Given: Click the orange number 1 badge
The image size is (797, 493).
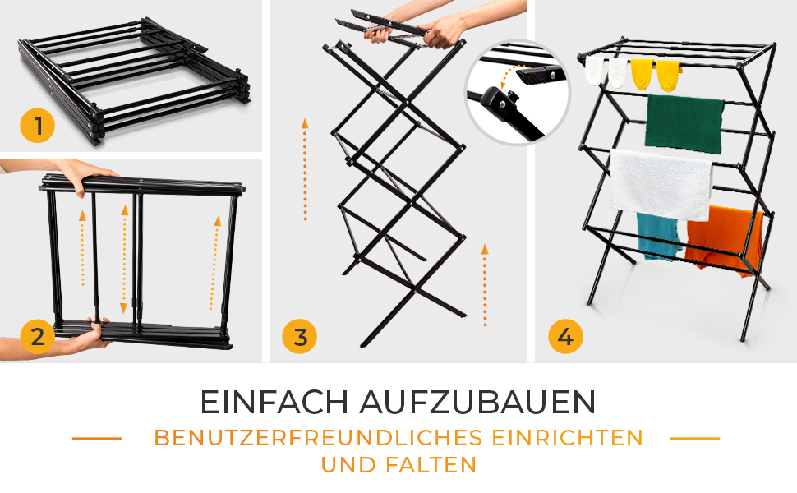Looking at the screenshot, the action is [38, 126].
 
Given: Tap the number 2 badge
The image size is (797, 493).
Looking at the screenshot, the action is [38, 336].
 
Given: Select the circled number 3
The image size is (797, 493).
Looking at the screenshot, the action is [299, 336].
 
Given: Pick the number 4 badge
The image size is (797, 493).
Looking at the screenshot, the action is [566, 336].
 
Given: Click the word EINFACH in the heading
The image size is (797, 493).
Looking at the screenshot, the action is [274, 403].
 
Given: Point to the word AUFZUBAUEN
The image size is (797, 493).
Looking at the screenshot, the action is [477, 403].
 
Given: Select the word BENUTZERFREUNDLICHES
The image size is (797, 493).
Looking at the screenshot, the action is [318, 438].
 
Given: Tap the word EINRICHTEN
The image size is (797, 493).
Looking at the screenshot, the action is [568, 438].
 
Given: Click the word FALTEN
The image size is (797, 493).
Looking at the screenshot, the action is [431, 465].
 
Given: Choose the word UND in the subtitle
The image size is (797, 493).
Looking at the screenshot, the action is [348, 465].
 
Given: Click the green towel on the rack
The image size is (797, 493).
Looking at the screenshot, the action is [684, 123].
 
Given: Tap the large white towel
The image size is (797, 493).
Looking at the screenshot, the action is [661, 184].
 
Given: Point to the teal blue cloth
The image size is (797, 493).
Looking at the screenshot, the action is [659, 237].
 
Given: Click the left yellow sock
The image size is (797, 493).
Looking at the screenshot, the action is [642, 74].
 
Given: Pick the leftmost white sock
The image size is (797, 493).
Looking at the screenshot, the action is [595, 70].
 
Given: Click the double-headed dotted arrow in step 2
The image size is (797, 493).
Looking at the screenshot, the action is [124, 259].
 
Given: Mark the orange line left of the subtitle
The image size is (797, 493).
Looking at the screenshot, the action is [97, 438].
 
